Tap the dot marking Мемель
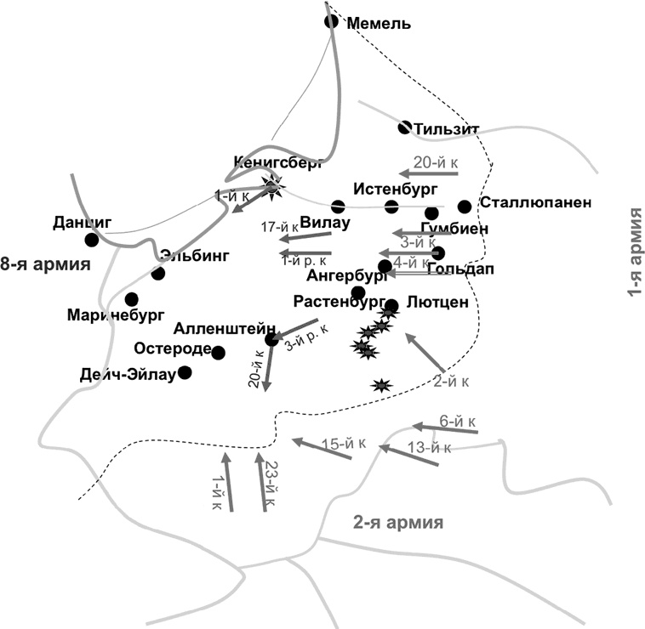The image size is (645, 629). [331, 21]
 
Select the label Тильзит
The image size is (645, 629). [448, 129]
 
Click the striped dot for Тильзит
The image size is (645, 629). [406, 127]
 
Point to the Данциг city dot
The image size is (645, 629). [92, 240]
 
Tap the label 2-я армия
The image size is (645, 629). [398, 522]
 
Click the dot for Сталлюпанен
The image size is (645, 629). [464, 207]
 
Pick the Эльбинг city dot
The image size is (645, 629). [157, 273]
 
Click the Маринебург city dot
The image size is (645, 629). [131, 299]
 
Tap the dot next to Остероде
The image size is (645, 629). [218, 352]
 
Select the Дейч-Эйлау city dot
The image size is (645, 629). [185, 372]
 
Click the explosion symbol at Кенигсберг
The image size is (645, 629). [272, 189]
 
